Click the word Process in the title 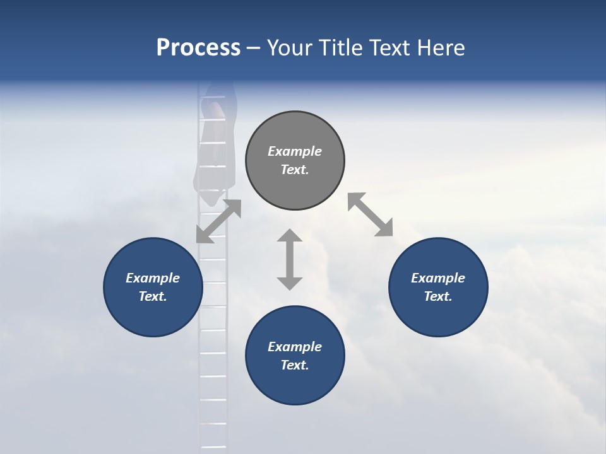pyautogui.click(x=198, y=48)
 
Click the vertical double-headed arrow pyautogui.click(x=290, y=259)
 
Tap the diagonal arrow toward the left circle pyautogui.click(x=218, y=221)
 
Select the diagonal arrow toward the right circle pyautogui.click(x=371, y=214)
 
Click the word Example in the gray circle pyautogui.click(x=295, y=151)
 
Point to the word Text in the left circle pyautogui.click(x=153, y=296)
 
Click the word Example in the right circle pyautogui.click(x=438, y=278)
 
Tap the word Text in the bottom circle pyautogui.click(x=295, y=365)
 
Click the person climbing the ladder pyautogui.click(x=217, y=145)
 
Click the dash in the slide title pyautogui.click(x=254, y=48)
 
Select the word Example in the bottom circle pyautogui.click(x=295, y=347)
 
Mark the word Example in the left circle pyautogui.click(x=153, y=278)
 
